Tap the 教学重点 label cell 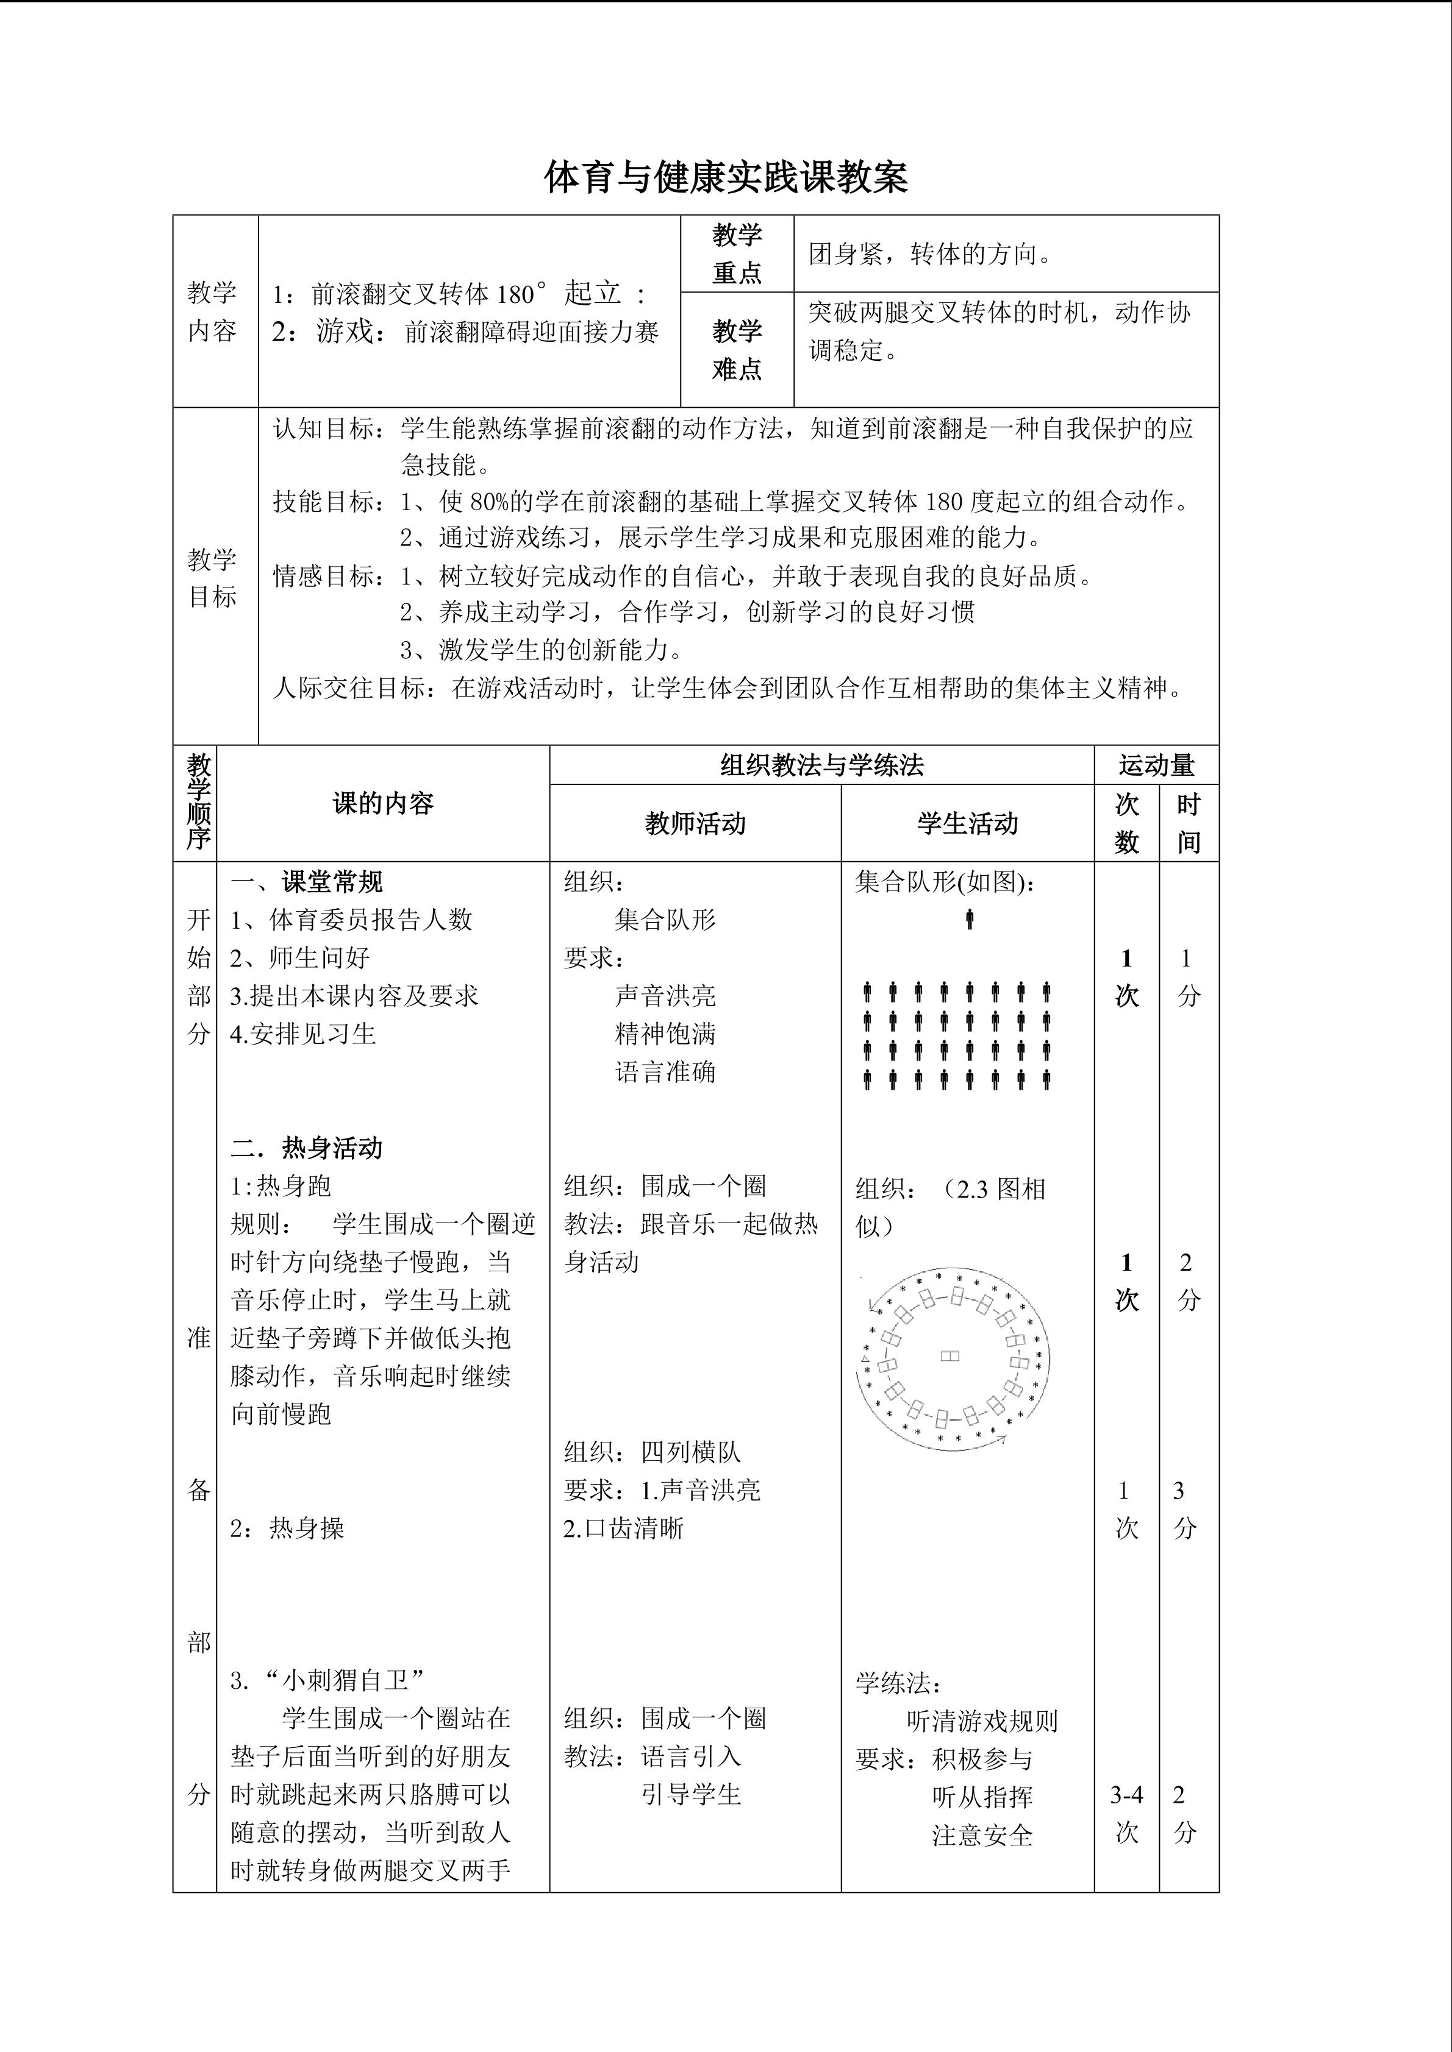pyautogui.click(x=737, y=254)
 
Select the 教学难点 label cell pyautogui.click(x=737, y=349)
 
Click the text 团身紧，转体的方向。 pyautogui.click(x=931, y=255)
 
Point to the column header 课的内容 pyautogui.click(x=383, y=803)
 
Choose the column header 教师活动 pyautogui.click(x=695, y=823)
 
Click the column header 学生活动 pyautogui.click(x=967, y=823)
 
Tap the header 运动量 pyautogui.click(x=1156, y=765)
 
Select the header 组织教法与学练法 pyautogui.click(x=821, y=765)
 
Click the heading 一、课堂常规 pyautogui.click(x=307, y=882)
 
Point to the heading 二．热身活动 pyautogui.click(x=307, y=1148)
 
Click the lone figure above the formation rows pyautogui.click(x=969, y=919)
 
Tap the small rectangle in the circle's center pyautogui.click(x=950, y=1356)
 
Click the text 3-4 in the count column pyautogui.click(x=1126, y=1795)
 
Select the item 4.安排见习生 pyautogui.click(x=303, y=1034)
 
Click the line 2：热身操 pyautogui.click(x=287, y=1528)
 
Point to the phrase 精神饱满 pyautogui.click(x=665, y=1034)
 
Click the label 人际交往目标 pyautogui.click(x=349, y=688)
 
